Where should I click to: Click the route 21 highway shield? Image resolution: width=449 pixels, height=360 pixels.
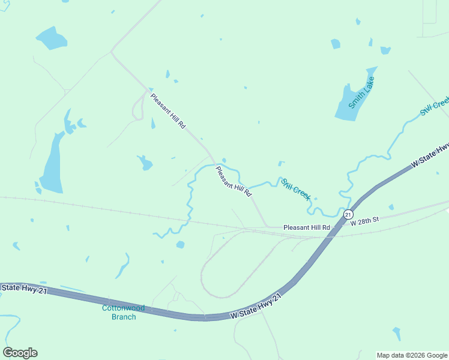348,214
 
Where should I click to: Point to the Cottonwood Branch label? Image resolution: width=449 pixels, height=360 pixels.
123,312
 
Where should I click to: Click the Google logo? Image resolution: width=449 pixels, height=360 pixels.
20,353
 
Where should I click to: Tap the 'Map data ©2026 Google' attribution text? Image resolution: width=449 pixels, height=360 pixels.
412,355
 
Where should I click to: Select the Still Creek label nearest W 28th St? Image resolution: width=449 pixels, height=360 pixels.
295,188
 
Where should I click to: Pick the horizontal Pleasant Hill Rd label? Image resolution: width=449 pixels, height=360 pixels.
307,227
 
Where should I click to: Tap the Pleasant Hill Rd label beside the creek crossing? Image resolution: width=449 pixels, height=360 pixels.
234,181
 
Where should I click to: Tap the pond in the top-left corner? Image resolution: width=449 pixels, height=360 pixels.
52,39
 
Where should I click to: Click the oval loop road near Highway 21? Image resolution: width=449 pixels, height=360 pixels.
204,276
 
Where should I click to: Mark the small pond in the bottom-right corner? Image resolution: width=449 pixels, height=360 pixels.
397,333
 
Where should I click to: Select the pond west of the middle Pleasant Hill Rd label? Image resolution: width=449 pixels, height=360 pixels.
145,163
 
